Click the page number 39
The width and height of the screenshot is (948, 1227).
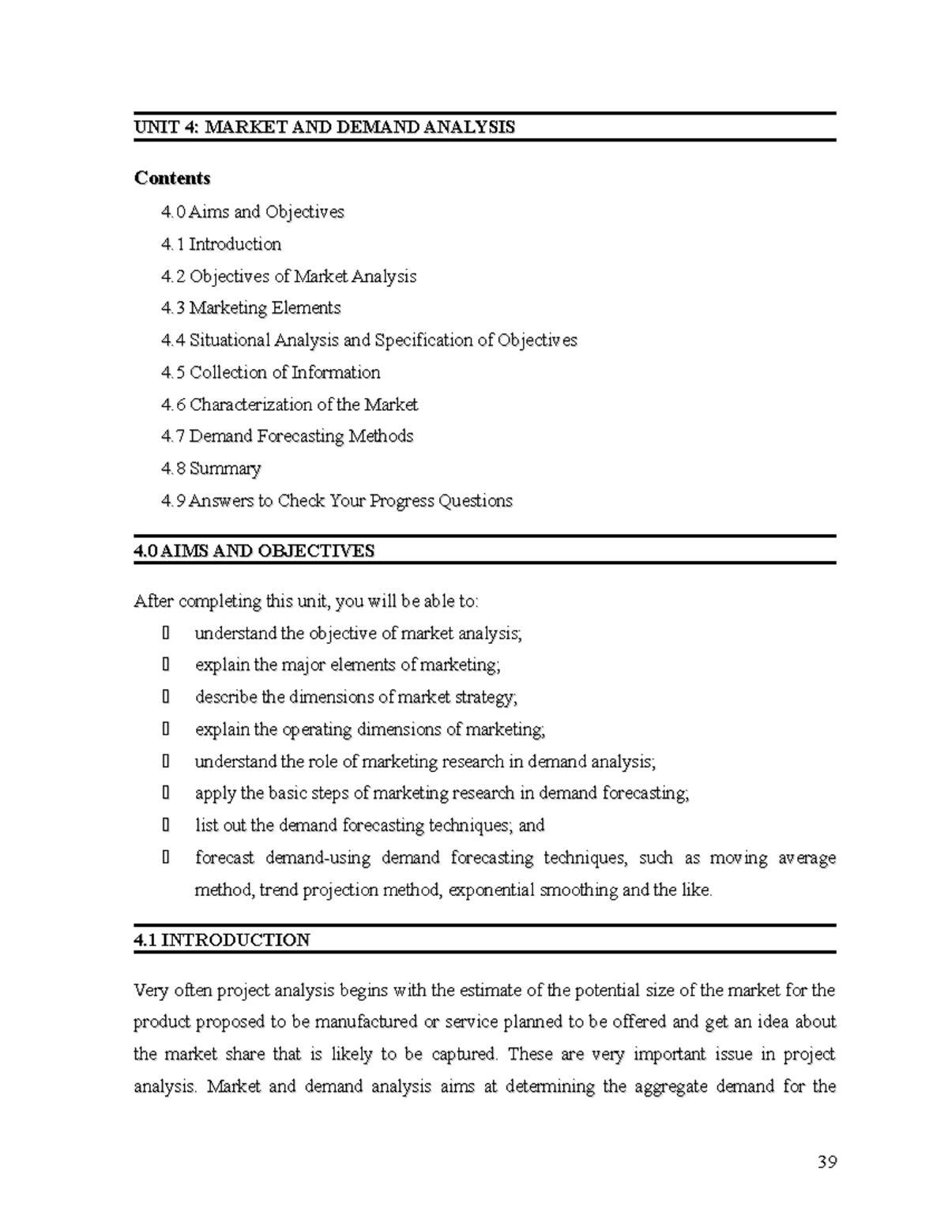[x=826, y=1162]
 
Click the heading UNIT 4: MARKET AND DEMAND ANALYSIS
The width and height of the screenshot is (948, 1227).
[x=324, y=127]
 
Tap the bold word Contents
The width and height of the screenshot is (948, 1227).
[x=172, y=178]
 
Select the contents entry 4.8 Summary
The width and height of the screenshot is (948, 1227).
[x=210, y=469]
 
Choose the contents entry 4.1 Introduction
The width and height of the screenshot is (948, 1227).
[x=220, y=244]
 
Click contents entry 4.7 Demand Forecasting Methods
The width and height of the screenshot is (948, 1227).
[x=287, y=436]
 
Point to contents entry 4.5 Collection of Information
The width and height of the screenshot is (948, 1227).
[x=270, y=372]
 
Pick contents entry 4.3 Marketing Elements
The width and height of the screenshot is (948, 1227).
[x=250, y=308]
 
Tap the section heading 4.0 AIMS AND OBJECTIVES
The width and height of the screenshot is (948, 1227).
[x=254, y=551]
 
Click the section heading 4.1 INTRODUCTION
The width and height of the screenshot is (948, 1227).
[x=221, y=940]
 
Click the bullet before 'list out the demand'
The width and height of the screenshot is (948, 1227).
[x=165, y=826]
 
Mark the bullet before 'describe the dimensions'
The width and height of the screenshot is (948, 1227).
[x=165, y=697]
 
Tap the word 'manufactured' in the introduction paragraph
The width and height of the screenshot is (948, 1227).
[x=365, y=1022]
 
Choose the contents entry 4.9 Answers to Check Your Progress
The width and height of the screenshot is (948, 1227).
[x=337, y=501]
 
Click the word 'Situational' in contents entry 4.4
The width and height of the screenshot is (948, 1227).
[x=230, y=341]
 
